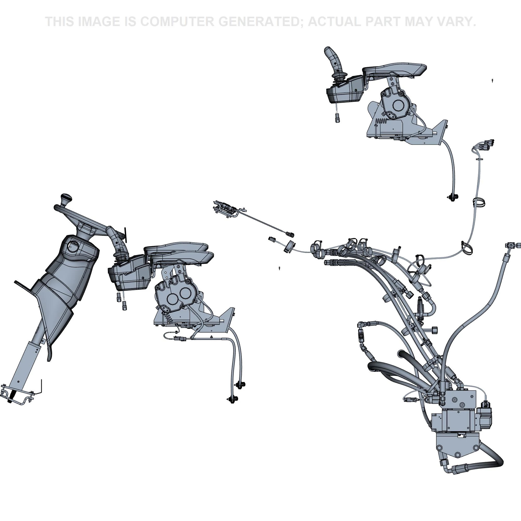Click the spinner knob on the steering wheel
pos(65,199)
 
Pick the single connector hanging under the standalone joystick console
pos(338,118)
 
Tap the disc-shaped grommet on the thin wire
pos(289,247)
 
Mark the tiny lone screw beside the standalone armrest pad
pos(492,80)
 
